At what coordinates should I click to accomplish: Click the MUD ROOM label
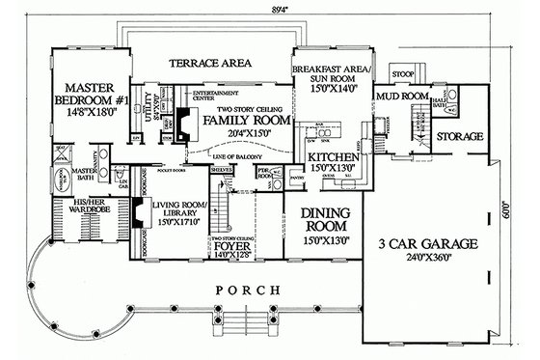[395, 97]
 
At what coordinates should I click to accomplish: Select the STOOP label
[403, 72]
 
